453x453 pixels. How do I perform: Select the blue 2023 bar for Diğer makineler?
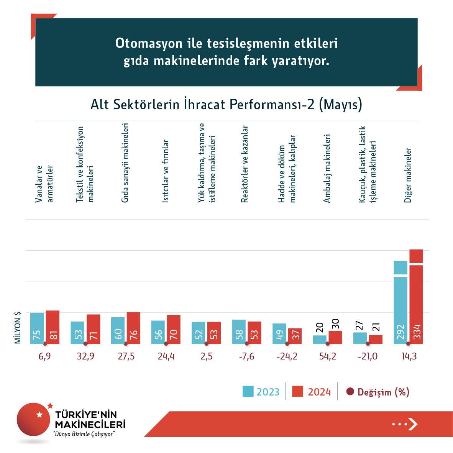400,303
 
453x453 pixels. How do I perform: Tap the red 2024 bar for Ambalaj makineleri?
335,337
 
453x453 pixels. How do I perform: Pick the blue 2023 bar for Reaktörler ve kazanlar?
239,332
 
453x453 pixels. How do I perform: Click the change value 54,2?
328,356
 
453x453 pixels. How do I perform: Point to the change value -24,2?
287,356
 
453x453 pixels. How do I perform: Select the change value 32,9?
85,356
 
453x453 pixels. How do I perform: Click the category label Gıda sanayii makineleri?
125,163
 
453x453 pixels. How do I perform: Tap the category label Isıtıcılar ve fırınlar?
165,171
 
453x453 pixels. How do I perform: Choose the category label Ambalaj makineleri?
327,168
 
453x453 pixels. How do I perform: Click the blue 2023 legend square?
248,391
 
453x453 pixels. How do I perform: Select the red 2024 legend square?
297,391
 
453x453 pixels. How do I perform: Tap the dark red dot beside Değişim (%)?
350,392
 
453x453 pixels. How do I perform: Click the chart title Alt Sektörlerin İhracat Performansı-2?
226,105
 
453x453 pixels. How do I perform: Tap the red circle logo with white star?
34,419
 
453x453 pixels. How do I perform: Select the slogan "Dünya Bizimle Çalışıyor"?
84,434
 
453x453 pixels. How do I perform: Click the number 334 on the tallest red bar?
417,332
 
